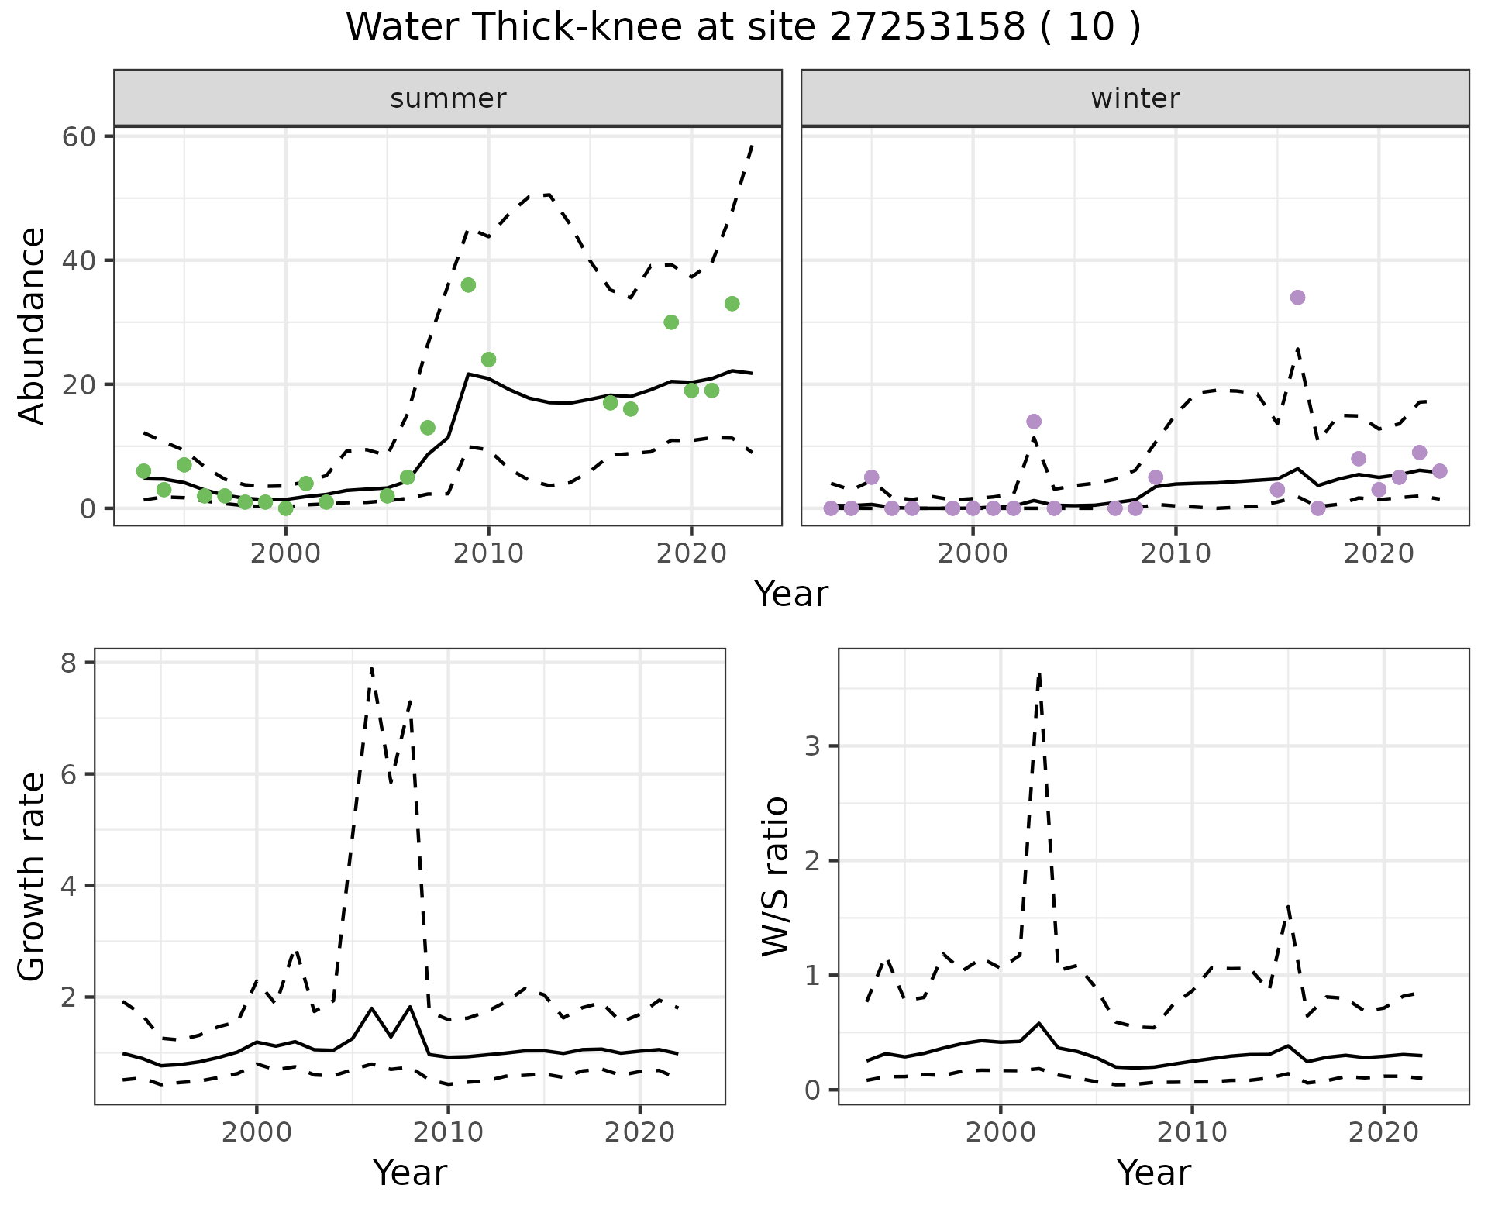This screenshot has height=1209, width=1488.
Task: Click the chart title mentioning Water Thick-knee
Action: pyautogui.click(x=742, y=28)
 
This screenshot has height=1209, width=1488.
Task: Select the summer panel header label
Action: pyautogui.click(x=448, y=98)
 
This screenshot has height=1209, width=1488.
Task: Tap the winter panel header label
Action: pyautogui.click(x=1135, y=98)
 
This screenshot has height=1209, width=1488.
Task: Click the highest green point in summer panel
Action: pyautogui.click(x=468, y=285)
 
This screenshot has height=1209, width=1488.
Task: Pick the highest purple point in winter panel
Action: pyautogui.click(x=1297, y=298)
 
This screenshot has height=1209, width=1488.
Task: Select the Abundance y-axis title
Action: pyautogui.click(x=33, y=325)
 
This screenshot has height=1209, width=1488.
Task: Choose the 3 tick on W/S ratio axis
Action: pyautogui.click(x=812, y=746)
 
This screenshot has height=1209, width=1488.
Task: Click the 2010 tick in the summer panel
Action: pyautogui.click(x=488, y=554)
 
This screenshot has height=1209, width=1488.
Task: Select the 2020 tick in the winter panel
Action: pyautogui.click(x=1378, y=554)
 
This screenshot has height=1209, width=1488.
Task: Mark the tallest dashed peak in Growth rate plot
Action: pyautogui.click(x=372, y=668)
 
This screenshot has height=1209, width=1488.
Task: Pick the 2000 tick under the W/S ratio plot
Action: pyautogui.click(x=1000, y=1133)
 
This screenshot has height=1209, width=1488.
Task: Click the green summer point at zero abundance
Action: pyautogui.click(x=286, y=508)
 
